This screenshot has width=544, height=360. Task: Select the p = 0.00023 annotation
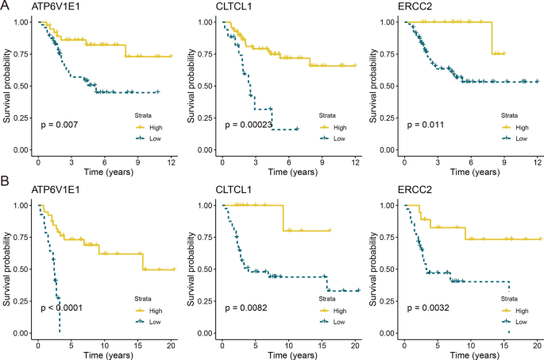(249, 124)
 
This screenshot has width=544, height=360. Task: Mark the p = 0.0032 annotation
(429, 307)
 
